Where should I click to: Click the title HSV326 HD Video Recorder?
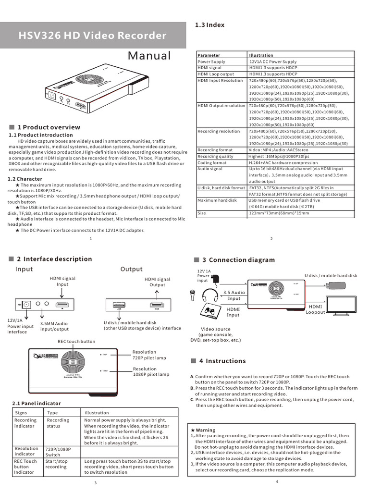(92, 36)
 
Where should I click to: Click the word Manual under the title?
(149, 56)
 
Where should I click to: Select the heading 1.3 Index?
(209, 25)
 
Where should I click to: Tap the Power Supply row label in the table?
(211, 62)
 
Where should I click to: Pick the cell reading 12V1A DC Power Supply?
(272, 62)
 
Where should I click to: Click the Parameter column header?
(209, 56)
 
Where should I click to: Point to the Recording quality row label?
(215, 156)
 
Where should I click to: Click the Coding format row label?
(212, 162)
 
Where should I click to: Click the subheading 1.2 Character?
(25, 179)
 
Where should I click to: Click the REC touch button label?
(76, 341)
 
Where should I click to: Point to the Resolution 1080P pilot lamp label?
(151, 371)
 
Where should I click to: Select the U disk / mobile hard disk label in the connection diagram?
(331, 275)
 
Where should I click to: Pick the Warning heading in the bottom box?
(205, 430)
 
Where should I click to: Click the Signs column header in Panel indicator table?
(21, 412)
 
